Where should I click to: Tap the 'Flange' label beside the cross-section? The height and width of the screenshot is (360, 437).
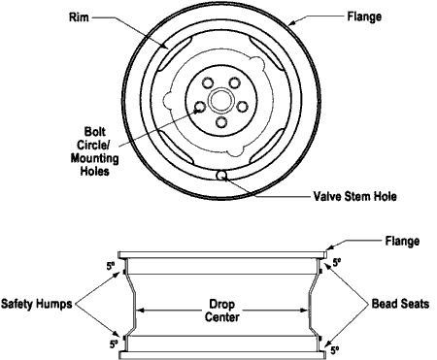[x=400, y=238]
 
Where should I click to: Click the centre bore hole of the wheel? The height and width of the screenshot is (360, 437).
[x=219, y=101]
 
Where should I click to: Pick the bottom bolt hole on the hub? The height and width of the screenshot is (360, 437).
[x=219, y=123]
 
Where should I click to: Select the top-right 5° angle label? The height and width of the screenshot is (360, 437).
[x=336, y=263]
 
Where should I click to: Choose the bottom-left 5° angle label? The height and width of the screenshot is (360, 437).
[x=113, y=344]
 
